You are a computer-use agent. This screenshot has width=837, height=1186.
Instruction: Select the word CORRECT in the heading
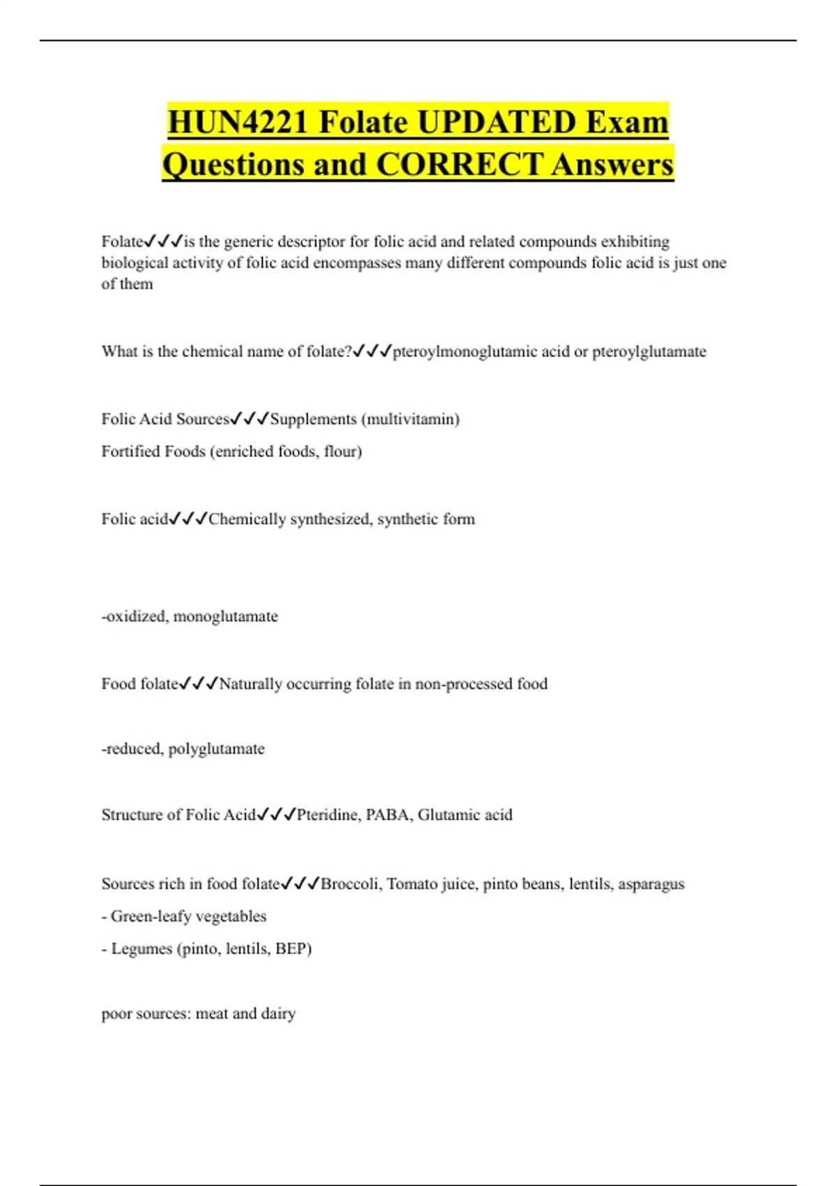coord(459,165)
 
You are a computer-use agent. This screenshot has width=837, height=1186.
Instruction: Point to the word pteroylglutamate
coord(649,352)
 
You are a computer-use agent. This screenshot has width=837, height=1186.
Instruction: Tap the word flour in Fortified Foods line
coord(342,451)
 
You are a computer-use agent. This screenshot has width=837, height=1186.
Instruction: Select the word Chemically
coord(247,519)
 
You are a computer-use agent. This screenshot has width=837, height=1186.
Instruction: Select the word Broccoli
coord(351,884)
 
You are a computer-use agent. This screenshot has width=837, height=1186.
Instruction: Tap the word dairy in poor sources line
coord(278,1013)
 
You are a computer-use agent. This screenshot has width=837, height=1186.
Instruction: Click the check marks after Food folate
coord(199,684)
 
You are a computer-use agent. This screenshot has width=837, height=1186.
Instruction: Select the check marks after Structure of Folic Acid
coord(276,815)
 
